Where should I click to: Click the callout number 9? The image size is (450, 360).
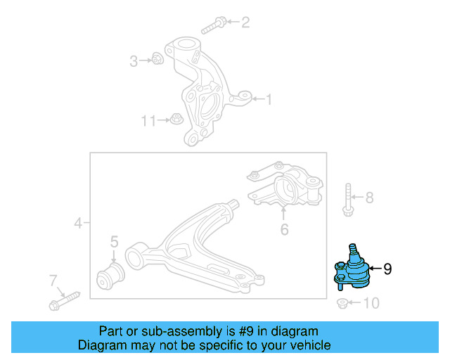pos(387,268)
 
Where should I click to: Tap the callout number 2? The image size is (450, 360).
pos(245,23)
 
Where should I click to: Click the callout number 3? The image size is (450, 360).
pos(134,61)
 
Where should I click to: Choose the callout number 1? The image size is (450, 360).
pos(268,100)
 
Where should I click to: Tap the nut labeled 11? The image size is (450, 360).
pos(176,120)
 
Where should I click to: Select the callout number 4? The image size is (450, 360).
pos(78,224)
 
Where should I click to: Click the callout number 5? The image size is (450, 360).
pos(114,243)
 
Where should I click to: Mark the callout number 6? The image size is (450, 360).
pos(284,229)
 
